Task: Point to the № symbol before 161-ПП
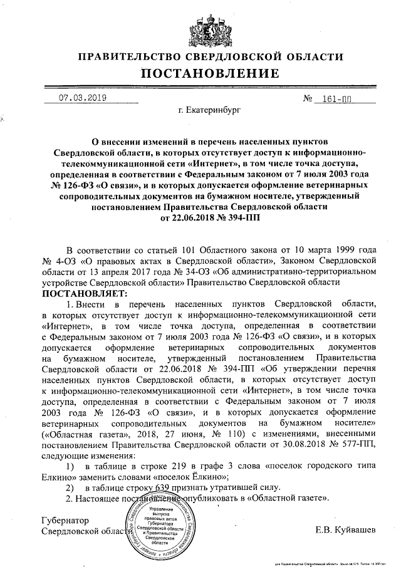click(x=308, y=99)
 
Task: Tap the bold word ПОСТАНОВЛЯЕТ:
click(x=85, y=293)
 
